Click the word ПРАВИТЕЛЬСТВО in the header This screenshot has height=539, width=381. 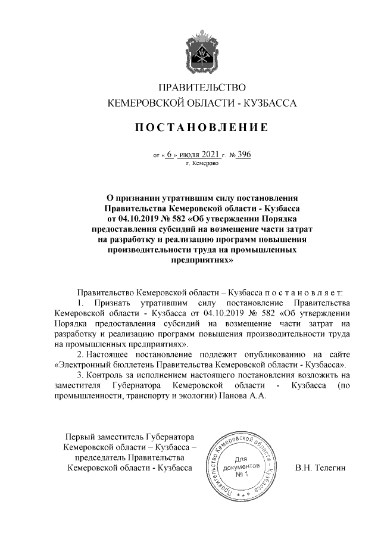coord(201,87)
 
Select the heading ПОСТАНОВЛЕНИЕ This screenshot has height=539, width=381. coord(201,127)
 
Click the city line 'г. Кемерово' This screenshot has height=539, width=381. coord(202,163)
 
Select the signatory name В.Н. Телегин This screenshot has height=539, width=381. coord(320,469)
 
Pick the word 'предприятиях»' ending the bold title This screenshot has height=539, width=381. coord(201,260)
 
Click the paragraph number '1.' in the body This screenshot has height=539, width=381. coord(83,303)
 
